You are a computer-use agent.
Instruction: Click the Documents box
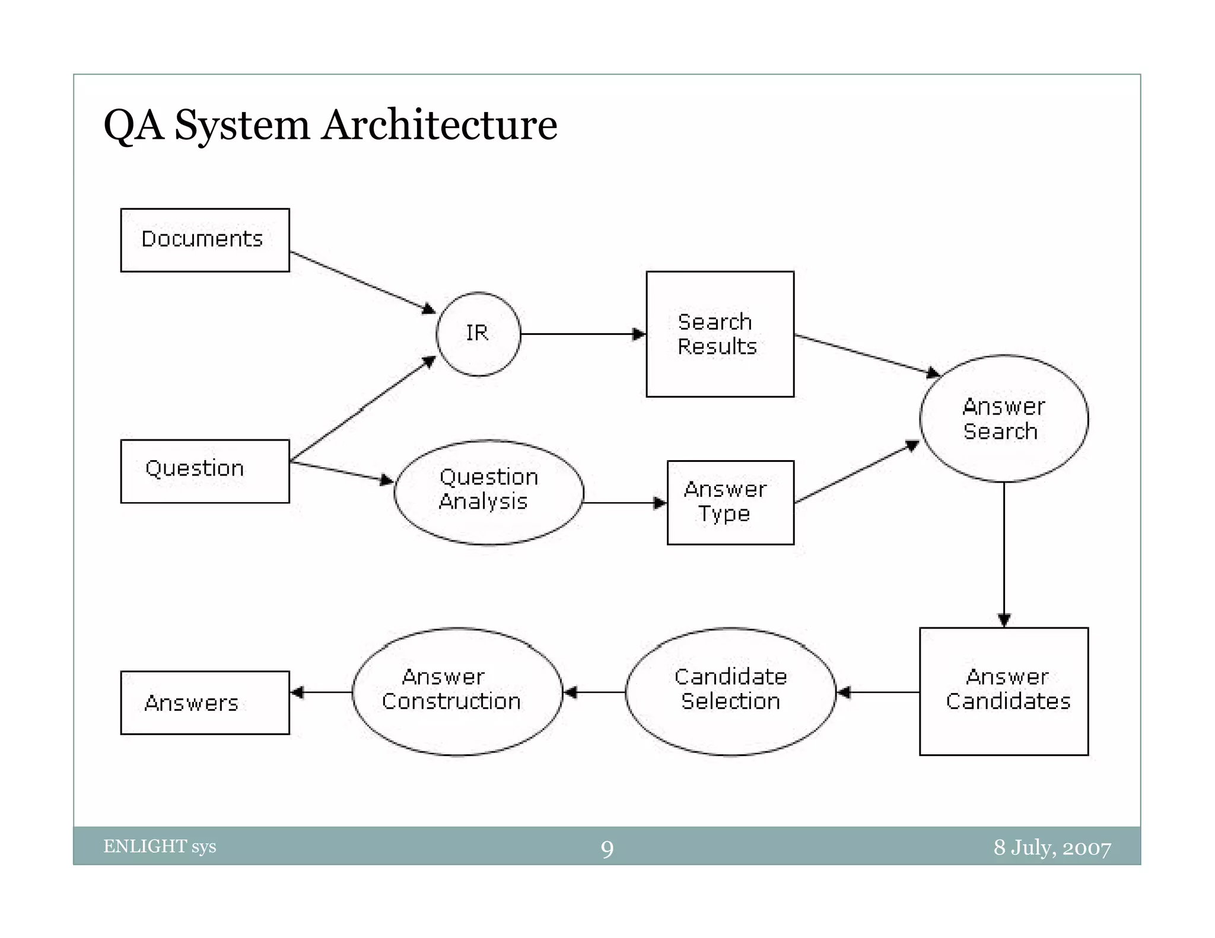click(205, 240)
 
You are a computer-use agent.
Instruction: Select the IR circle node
click(478, 334)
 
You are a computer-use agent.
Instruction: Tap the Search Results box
click(720, 334)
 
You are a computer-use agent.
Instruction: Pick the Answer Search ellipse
click(1004, 419)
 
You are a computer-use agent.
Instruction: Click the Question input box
click(205, 471)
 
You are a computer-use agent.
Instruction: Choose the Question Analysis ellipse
click(489, 492)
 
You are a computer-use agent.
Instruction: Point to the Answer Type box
click(730, 502)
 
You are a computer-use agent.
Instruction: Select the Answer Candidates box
click(1004, 691)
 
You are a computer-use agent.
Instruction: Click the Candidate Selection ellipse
click(730, 691)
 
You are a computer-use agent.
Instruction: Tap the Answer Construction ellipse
click(457, 691)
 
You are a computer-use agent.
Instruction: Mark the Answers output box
click(205, 703)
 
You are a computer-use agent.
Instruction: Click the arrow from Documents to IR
click(362, 282)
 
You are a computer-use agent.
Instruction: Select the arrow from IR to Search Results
click(581, 334)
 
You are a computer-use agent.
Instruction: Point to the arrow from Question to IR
click(362, 410)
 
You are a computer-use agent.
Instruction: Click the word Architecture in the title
click(439, 125)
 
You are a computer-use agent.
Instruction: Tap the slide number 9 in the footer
click(607, 848)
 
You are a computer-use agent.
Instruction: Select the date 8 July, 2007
click(1052, 847)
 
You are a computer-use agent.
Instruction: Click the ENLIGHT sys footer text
click(160, 846)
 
